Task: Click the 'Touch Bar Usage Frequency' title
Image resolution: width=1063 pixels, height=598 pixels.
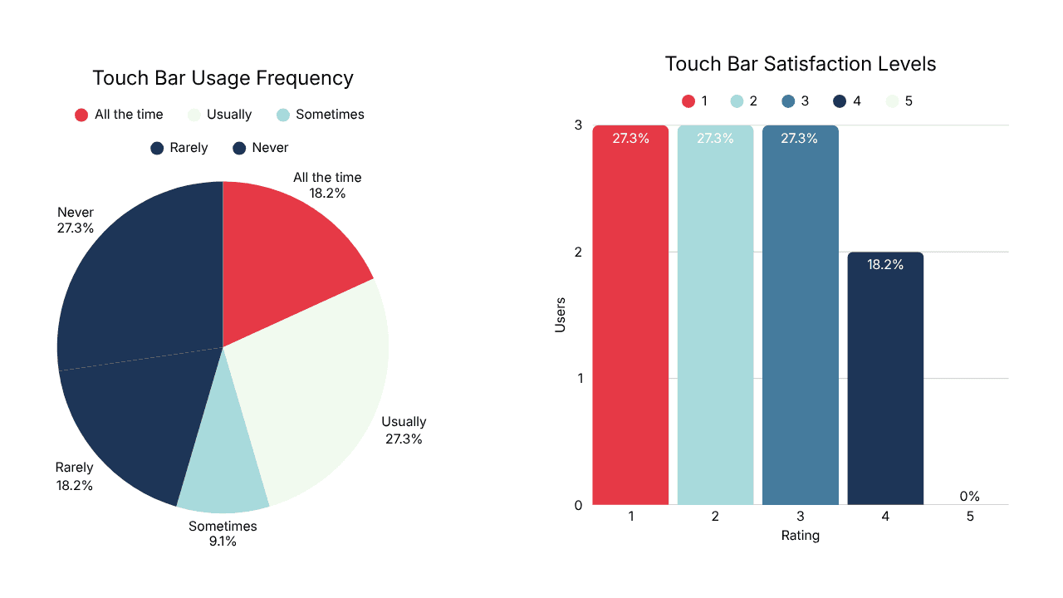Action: coord(223,78)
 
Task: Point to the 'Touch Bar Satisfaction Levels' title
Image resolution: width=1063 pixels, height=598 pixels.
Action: coord(801,64)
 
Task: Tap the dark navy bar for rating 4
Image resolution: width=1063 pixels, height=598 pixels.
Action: coord(885,382)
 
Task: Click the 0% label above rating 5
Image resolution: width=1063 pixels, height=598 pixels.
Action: coord(969,497)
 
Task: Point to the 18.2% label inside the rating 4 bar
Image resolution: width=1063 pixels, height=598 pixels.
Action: coord(885,265)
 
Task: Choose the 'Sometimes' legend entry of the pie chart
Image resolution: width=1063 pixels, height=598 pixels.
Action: coord(320,115)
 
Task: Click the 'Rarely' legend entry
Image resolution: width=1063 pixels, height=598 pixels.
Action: coord(179,148)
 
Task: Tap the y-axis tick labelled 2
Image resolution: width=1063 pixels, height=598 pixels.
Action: coord(577,252)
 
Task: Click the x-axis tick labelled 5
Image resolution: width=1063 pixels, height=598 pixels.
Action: coord(970,517)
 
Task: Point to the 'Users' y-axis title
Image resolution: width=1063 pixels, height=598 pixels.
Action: coord(561,315)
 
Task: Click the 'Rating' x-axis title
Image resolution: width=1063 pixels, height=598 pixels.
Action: coord(801,536)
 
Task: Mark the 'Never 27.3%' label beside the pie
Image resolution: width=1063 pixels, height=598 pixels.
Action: coord(76,220)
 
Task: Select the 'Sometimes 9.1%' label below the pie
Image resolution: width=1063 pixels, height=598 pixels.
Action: coord(223,534)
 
